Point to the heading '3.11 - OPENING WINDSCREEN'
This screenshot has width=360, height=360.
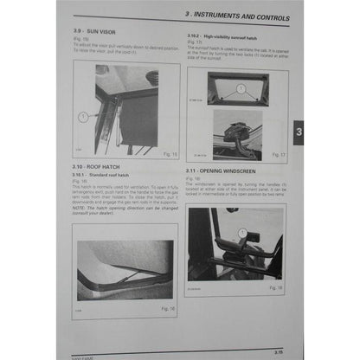(222, 172)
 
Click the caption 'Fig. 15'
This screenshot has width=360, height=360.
(170, 155)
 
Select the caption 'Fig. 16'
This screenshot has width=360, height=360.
(169, 308)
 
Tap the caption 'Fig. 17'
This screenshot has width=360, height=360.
(277, 155)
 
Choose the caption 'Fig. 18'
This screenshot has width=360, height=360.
(275, 286)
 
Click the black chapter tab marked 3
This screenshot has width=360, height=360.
(299, 132)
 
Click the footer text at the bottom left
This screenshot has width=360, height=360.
(85, 356)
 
